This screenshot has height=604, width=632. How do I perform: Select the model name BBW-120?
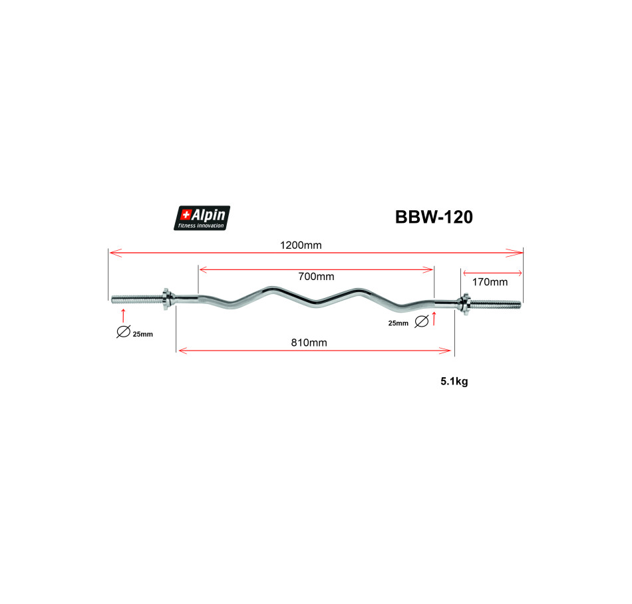point(434,218)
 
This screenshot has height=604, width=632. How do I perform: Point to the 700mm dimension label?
point(316,277)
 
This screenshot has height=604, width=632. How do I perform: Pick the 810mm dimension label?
point(311,343)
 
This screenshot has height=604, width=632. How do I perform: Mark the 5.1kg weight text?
point(454,382)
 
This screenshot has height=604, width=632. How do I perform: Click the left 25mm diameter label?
point(142,334)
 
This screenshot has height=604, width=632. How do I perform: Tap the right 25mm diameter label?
point(398,323)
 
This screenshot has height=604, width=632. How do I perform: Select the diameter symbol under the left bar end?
point(123,332)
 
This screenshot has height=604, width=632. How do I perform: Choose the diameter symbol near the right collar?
point(420,323)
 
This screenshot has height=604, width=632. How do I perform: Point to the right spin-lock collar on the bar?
point(464,304)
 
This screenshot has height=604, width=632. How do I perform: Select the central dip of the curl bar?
point(316,304)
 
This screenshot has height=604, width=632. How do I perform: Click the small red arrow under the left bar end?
point(123,313)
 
